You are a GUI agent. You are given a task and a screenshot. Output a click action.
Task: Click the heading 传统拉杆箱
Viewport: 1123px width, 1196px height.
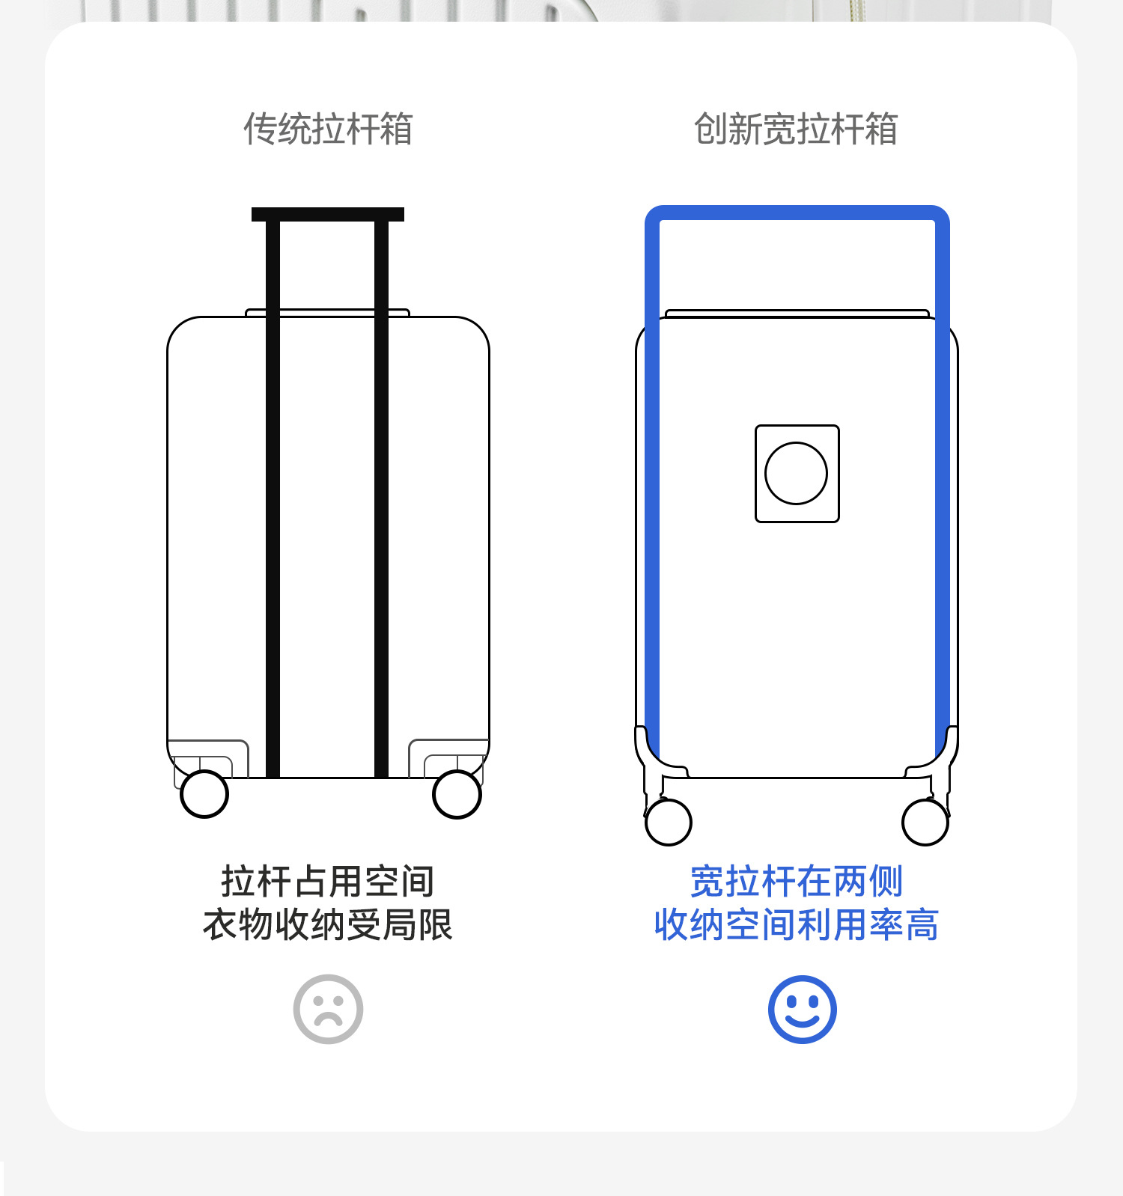pos(328,129)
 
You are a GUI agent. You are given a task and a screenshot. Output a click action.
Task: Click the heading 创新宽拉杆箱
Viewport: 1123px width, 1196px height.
pos(795,129)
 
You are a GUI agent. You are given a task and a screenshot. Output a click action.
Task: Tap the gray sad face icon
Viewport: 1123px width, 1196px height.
pos(328,1009)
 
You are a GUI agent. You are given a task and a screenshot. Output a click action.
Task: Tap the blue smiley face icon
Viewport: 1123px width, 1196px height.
pos(802,1009)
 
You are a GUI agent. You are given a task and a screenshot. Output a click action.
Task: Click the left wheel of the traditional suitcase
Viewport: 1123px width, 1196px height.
pos(204,794)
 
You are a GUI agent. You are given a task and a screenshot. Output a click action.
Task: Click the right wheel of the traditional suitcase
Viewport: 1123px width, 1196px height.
pos(457,794)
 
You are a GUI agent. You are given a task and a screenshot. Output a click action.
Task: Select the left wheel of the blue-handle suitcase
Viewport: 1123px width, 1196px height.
pos(668,822)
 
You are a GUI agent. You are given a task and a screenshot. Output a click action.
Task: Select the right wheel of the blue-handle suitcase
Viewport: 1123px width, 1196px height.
pos(925,822)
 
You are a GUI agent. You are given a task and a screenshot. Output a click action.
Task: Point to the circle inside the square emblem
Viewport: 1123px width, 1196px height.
pos(796,473)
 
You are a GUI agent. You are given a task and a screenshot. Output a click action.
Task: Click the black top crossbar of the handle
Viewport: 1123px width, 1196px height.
pos(328,215)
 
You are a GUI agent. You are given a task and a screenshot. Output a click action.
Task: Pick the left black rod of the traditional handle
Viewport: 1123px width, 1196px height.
pos(273,494)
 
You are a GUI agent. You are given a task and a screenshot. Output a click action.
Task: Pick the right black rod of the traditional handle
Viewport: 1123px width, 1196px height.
pos(381,494)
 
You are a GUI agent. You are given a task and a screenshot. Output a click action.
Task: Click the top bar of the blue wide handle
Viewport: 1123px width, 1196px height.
pos(797,213)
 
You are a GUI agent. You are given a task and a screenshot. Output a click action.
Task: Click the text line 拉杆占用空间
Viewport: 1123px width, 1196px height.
pos(328,881)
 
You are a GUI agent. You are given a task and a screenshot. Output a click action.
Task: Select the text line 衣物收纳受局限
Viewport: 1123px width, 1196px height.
pos(328,924)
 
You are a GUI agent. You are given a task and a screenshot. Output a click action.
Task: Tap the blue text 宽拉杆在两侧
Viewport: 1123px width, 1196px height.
pos(796,881)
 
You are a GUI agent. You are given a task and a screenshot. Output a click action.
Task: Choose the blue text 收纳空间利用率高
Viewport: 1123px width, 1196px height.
pos(796,924)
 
